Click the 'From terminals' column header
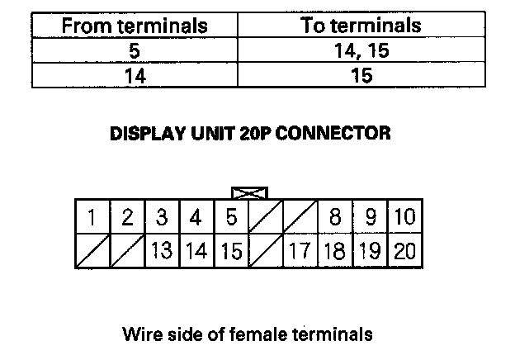(x=134, y=26)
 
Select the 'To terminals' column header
(x=360, y=26)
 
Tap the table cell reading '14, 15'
(x=360, y=51)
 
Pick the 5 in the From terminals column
(x=134, y=51)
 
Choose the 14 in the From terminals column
(x=134, y=76)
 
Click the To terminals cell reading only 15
(x=360, y=76)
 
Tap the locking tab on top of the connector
(x=249, y=192)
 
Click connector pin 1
(x=92, y=218)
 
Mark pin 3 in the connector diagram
(x=162, y=218)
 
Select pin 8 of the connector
(x=335, y=218)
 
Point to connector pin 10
(x=404, y=218)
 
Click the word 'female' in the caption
(x=267, y=334)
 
